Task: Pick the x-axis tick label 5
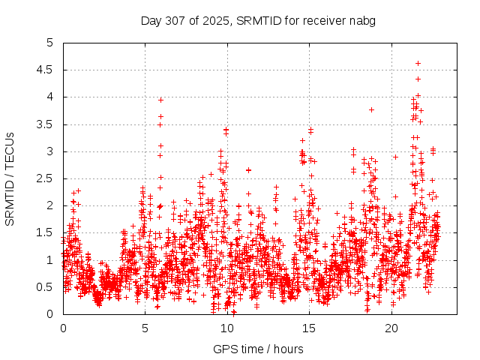[x=145, y=328]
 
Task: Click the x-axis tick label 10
[x=227, y=328]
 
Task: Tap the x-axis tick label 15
[x=310, y=328]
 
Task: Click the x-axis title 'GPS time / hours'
[x=258, y=349]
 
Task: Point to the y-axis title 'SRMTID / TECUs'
[x=10, y=178]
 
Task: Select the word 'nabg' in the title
[x=361, y=20]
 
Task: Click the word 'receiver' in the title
[x=324, y=20]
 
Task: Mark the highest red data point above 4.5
[x=418, y=63]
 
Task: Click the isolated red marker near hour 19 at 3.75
[x=371, y=110]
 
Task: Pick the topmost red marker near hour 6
[x=160, y=100]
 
